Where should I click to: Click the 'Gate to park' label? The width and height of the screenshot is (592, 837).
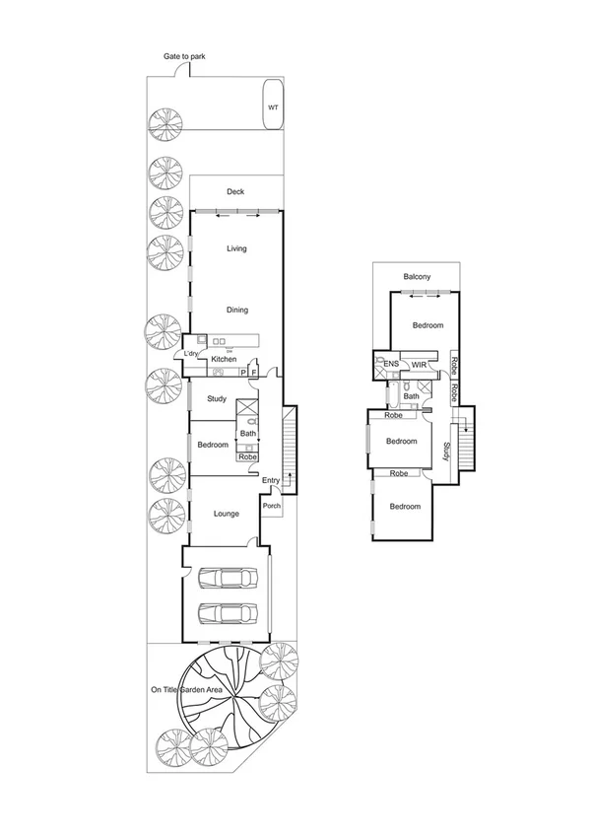pos(185,58)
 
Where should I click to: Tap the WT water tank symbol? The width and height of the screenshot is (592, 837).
pos(272,108)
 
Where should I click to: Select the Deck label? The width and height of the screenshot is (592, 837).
pos(234,192)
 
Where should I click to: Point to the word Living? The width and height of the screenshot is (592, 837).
pos(236,248)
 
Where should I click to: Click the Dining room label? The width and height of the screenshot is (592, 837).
pos(236,311)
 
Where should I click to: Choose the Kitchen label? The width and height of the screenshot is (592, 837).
pos(224,359)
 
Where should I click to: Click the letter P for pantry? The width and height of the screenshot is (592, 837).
pos(242,373)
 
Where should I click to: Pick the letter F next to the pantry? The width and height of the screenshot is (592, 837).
pos(253,373)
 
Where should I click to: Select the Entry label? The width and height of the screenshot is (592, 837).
pos(271,480)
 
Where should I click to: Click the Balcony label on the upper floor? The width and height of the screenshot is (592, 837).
pos(416,277)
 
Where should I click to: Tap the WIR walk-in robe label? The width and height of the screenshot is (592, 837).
pos(419,365)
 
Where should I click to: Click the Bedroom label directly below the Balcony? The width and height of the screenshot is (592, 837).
pos(428,325)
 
